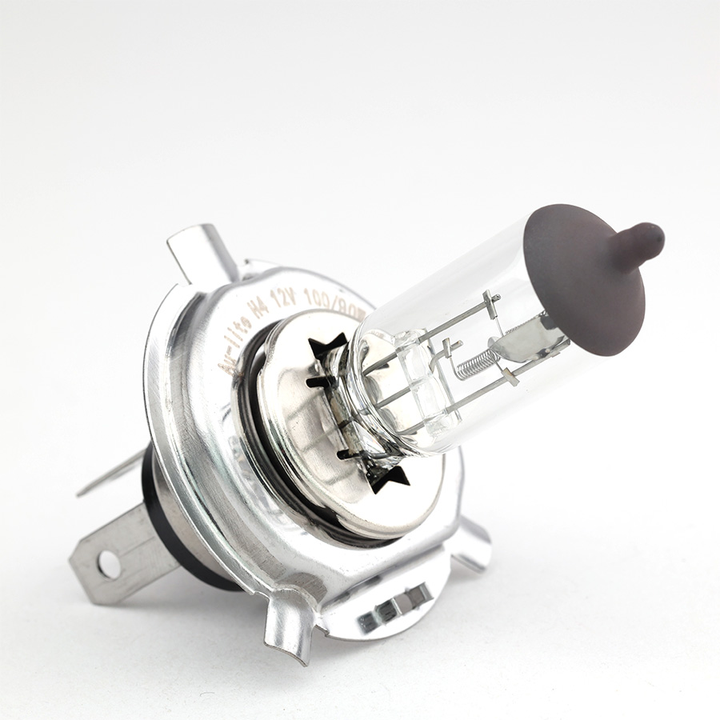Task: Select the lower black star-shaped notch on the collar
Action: (x=388, y=477)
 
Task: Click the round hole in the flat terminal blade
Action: (x=109, y=565)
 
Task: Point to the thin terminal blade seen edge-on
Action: (x=112, y=476)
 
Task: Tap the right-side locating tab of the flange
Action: (x=472, y=544)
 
